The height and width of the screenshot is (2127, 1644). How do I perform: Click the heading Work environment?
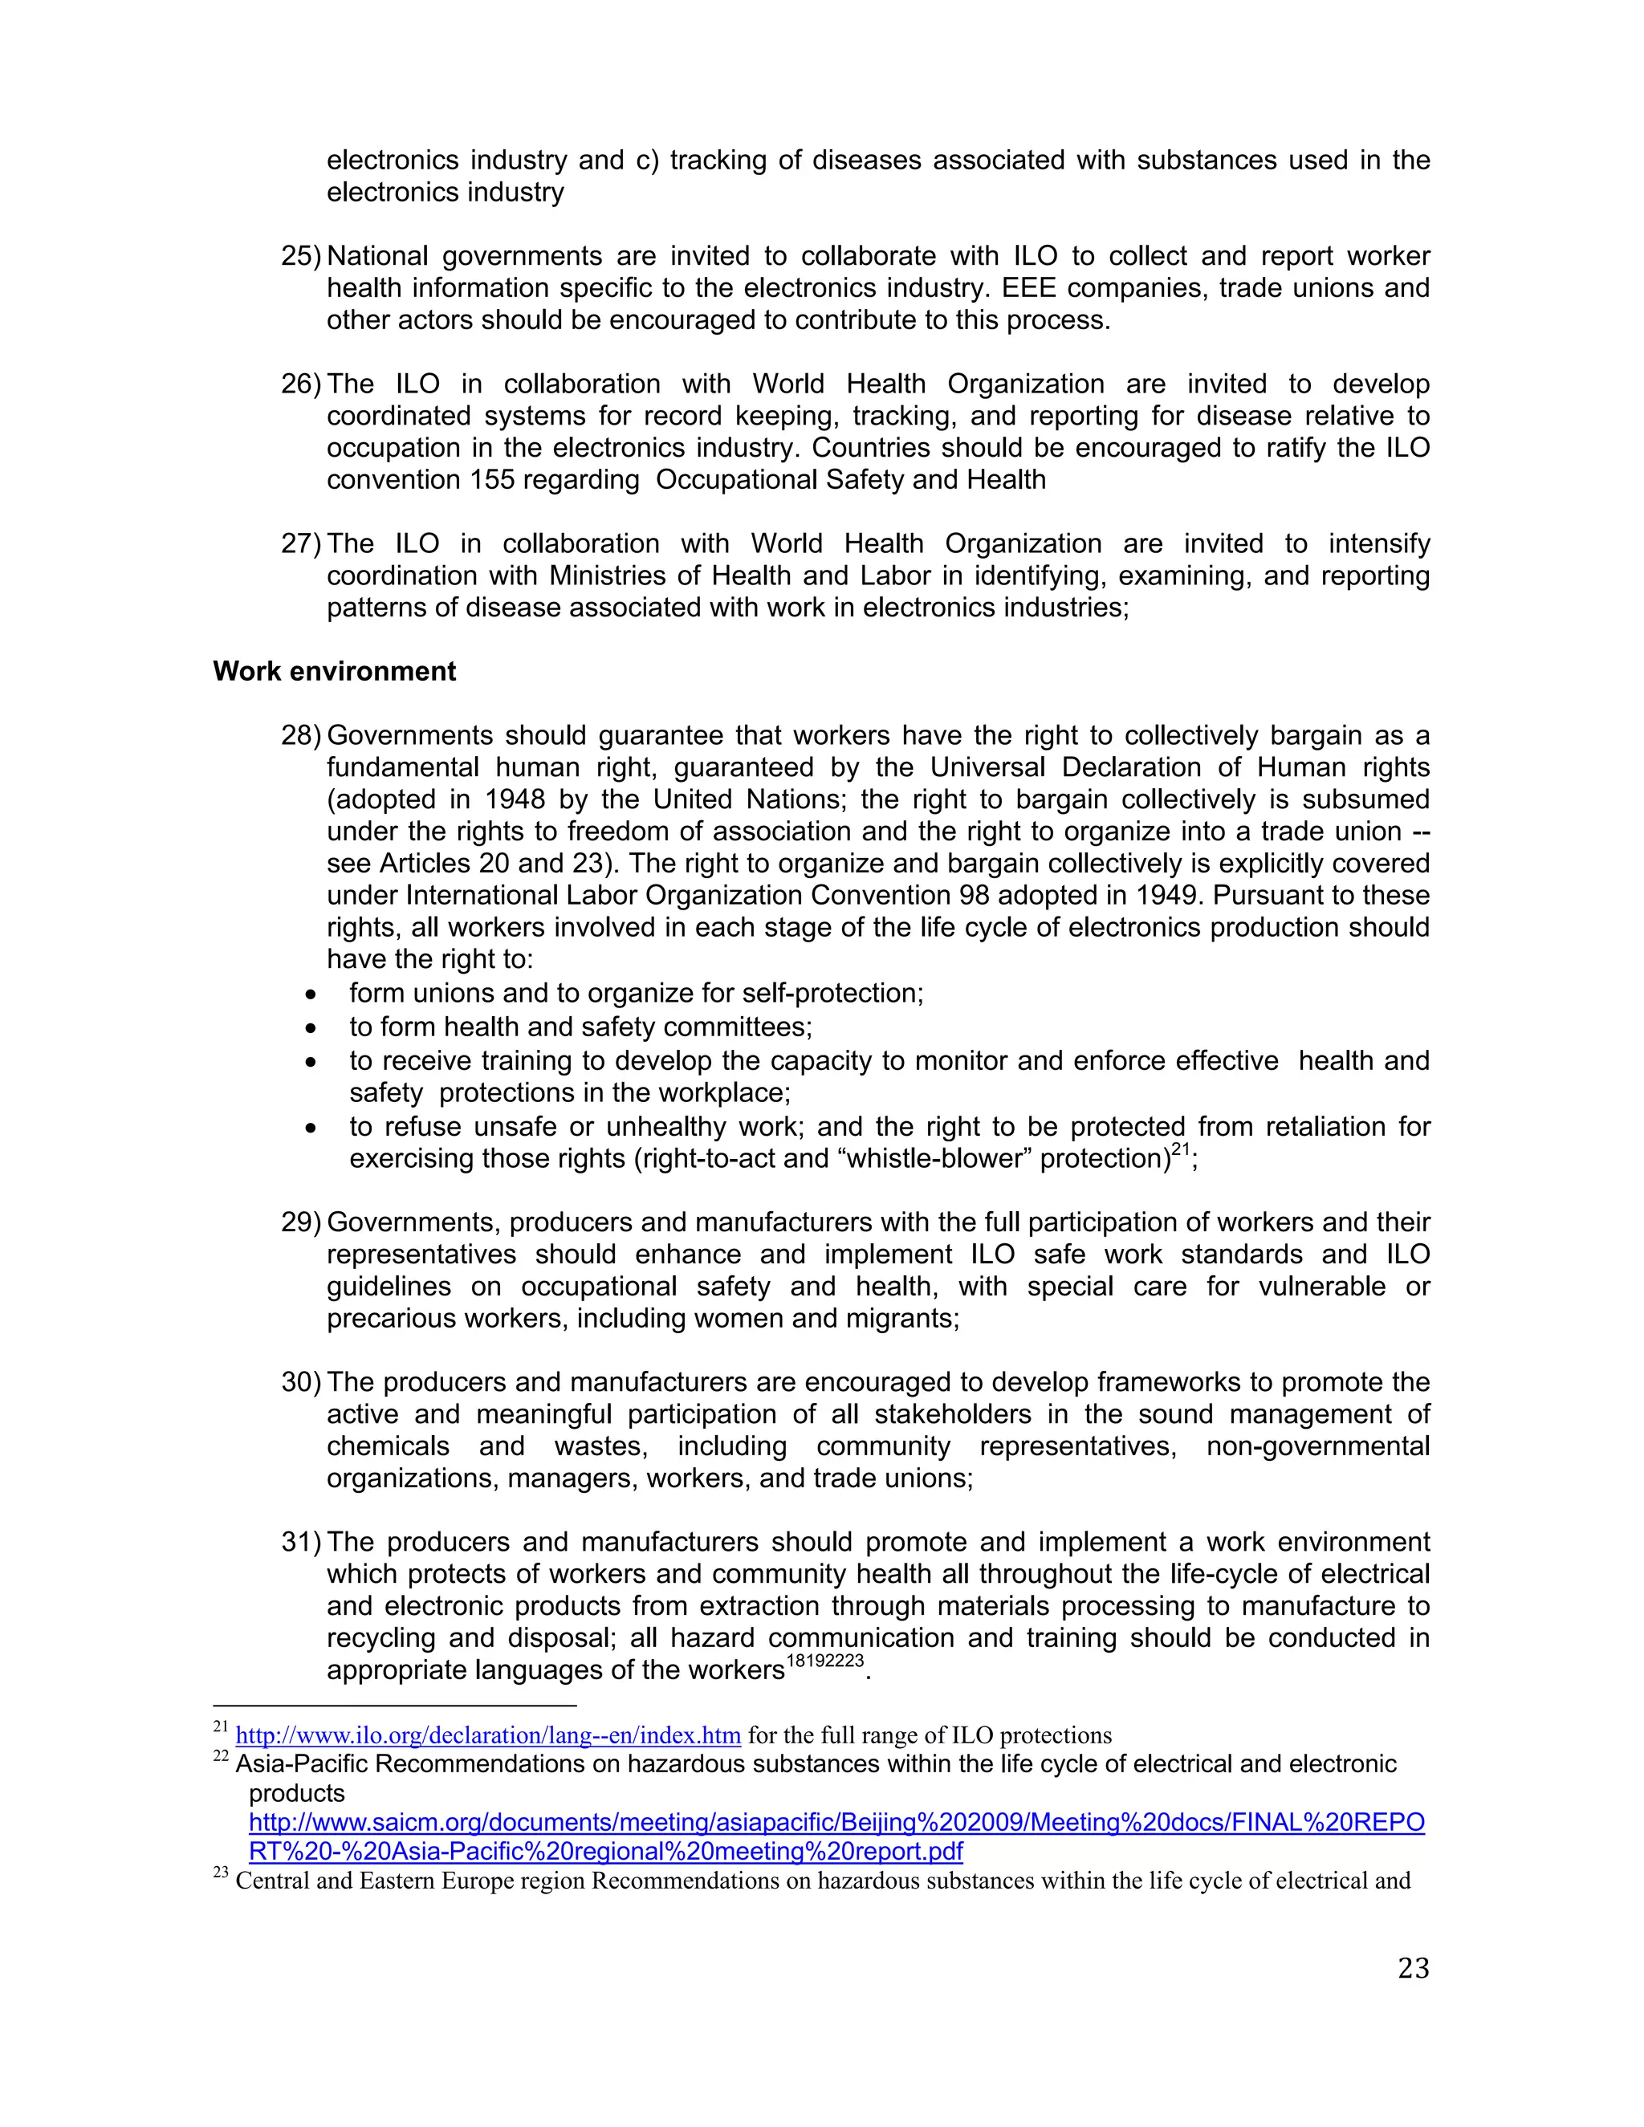(334, 671)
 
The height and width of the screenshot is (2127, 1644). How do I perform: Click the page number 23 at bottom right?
(1413, 1967)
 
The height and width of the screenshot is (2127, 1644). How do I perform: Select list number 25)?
(300, 256)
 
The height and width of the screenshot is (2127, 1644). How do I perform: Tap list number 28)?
(300, 735)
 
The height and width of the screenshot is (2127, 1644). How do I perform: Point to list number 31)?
(300, 1542)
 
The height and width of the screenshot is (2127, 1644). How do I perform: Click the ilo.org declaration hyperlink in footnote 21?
(488, 1735)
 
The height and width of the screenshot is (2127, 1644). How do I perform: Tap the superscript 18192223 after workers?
(824, 1661)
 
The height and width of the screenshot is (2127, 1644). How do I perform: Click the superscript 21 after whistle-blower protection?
(1180, 1150)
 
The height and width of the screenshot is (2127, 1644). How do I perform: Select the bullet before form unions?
(311, 995)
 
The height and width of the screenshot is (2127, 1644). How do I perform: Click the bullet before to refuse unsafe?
(311, 1129)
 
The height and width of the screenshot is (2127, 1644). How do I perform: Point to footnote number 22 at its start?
(220, 1757)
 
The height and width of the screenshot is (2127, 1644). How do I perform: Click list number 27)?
(300, 543)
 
